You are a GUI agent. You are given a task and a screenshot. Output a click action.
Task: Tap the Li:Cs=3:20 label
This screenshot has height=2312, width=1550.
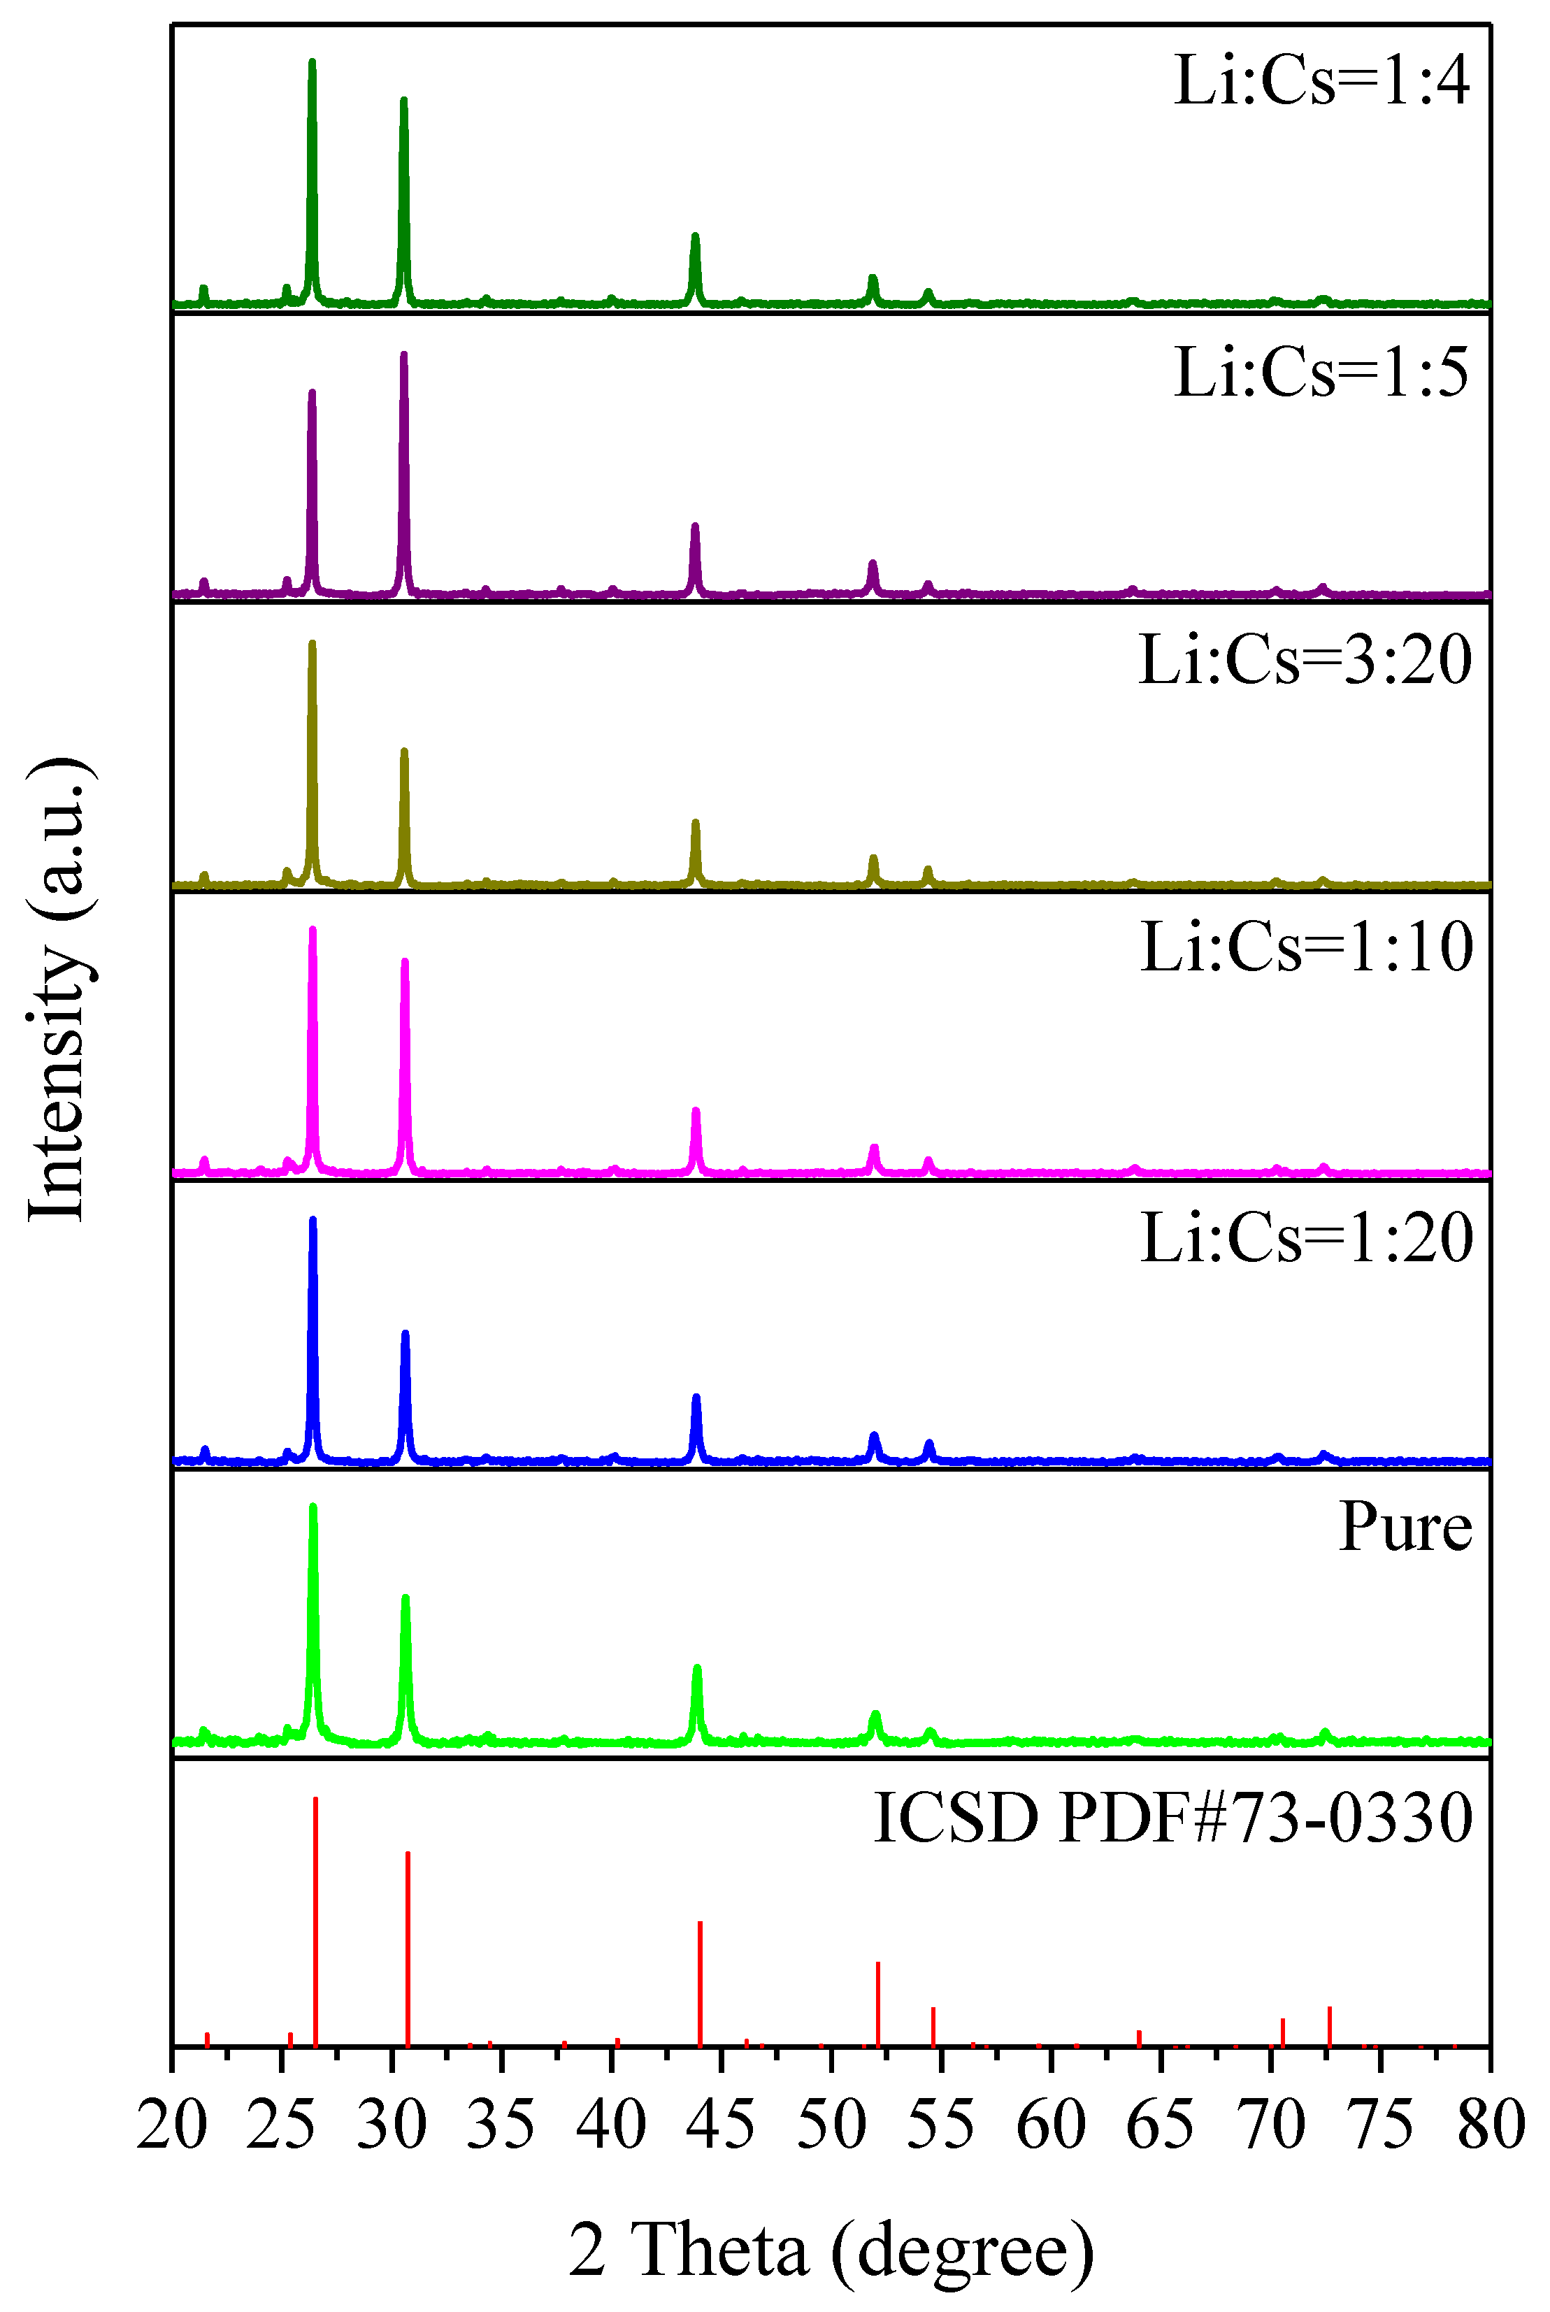coord(1305,659)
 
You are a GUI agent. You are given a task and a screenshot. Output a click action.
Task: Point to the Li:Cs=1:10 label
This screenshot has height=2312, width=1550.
coord(1306,947)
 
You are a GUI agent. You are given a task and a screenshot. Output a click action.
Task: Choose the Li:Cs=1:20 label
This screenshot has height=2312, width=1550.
coord(1306,1237)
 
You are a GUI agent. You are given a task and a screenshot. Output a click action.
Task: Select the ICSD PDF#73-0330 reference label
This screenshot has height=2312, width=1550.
coord(1173,1818)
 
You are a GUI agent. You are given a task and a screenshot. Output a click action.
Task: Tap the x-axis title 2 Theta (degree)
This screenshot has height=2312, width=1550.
coord(831,2250)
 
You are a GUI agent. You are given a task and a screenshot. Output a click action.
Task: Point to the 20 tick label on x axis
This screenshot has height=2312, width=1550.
coord(172,2125)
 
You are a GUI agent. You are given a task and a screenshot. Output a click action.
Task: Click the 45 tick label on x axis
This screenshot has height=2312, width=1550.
coord(721,2125)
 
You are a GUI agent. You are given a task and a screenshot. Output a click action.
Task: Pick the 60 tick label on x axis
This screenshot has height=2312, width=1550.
coord(1051,2125)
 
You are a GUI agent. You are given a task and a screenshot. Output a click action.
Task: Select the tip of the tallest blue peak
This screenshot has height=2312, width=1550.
coord(313,1221)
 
